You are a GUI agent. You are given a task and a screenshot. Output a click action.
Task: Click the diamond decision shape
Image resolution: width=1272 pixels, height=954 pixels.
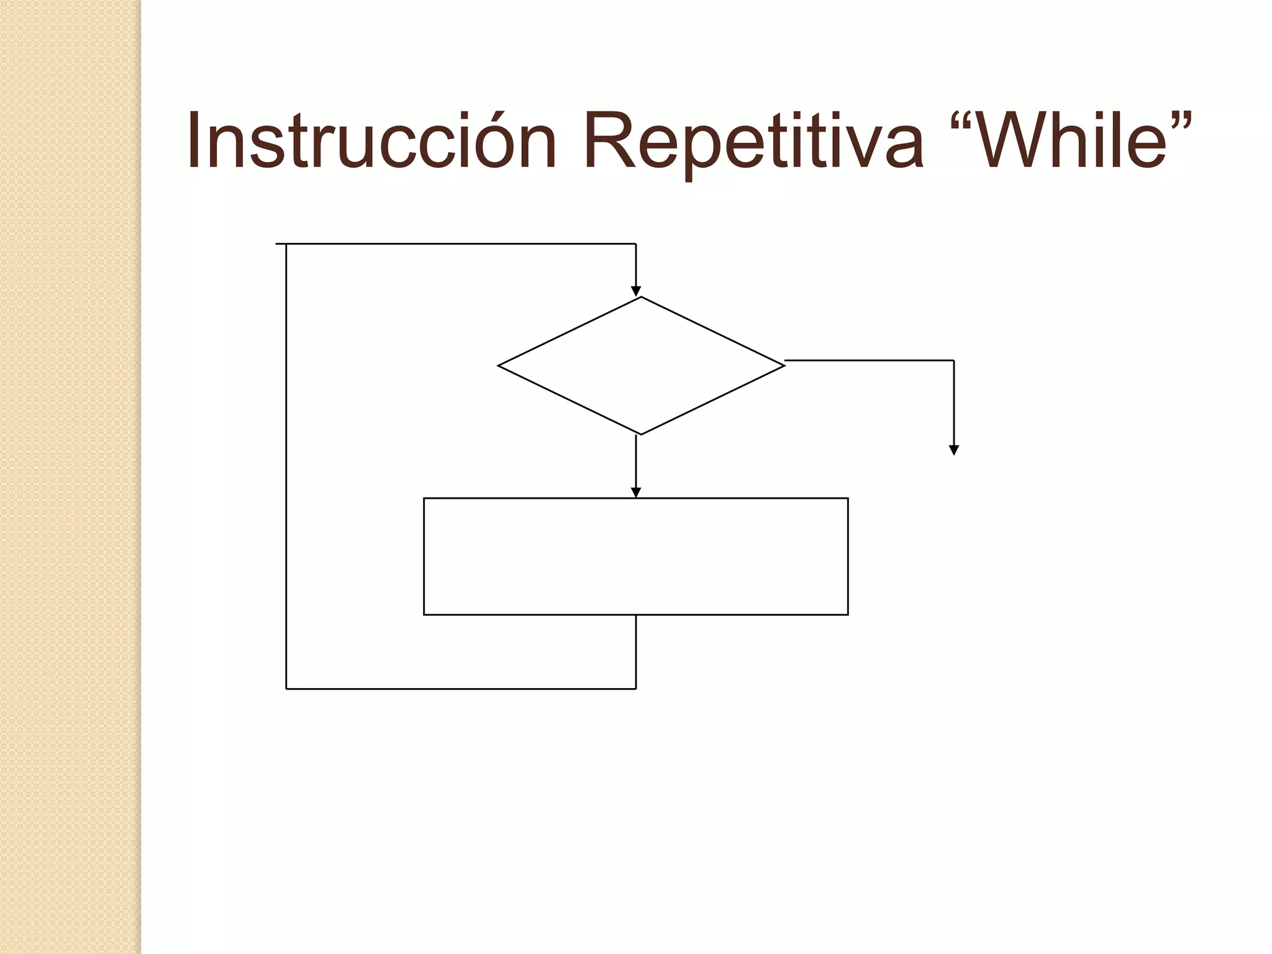641,366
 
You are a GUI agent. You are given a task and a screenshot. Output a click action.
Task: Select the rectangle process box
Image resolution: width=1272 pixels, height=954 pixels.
635,556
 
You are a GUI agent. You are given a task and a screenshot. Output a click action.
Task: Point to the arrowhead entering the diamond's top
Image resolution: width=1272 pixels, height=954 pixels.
636,291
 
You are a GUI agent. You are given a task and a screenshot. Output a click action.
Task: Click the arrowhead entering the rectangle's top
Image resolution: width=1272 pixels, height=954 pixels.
636,492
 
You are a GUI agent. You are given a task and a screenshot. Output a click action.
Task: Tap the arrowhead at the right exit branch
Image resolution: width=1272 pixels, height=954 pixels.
954,450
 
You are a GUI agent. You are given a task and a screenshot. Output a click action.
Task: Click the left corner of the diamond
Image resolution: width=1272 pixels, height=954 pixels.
499,366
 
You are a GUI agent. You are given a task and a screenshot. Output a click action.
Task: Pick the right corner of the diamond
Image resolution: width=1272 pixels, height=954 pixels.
784,366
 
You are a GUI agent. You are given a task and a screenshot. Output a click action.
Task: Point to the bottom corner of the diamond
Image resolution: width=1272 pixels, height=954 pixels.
641,434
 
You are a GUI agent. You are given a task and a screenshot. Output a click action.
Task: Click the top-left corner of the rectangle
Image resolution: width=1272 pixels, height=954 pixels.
424,499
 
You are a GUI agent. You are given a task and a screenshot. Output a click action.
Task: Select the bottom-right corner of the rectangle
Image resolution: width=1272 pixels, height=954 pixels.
848,614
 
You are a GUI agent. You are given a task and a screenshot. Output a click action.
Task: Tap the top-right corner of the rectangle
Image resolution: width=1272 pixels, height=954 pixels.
848,499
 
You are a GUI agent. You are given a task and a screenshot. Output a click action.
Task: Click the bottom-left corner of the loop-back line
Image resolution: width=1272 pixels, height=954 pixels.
286,689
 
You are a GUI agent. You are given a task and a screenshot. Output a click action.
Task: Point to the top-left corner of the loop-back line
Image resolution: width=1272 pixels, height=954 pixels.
286,244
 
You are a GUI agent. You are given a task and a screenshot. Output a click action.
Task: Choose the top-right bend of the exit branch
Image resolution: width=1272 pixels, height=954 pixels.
953,360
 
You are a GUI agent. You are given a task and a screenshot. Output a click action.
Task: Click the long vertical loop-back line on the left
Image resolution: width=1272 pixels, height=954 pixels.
286,466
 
